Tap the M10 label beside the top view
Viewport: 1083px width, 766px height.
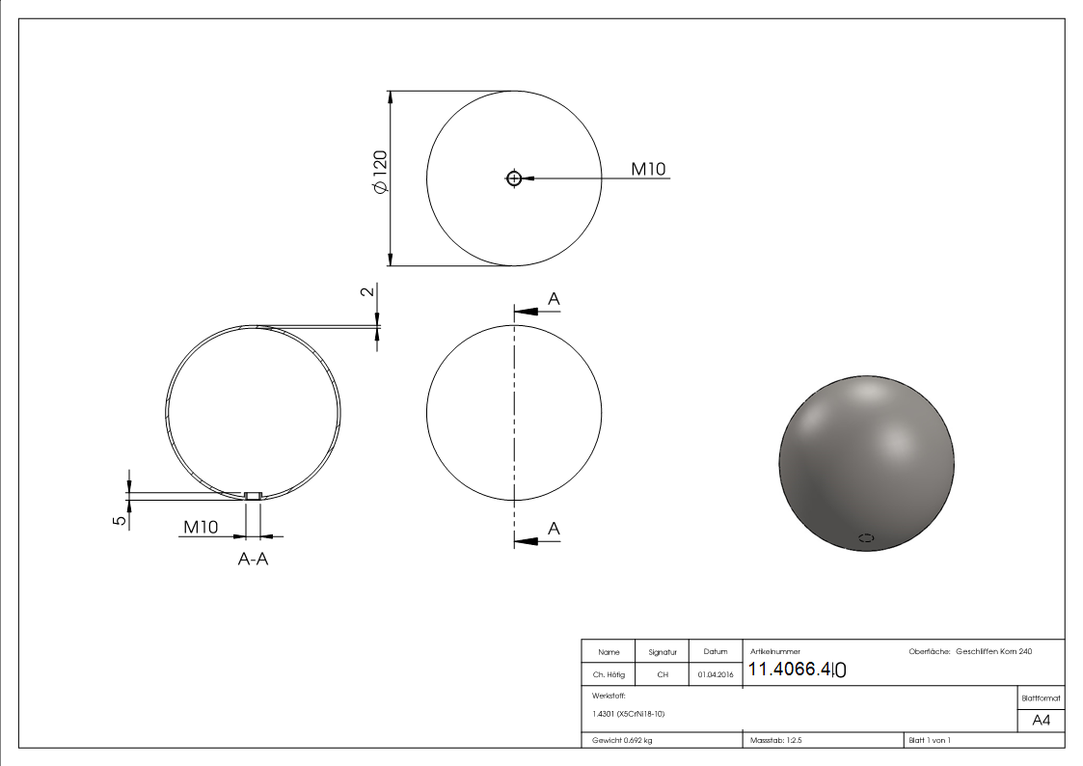(x=648, y=169)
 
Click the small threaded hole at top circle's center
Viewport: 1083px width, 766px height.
(x=513, y=178)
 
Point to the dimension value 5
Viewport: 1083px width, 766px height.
(x=119, y=520)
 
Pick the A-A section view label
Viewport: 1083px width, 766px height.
(x=253, y=559)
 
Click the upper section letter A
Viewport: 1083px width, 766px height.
(x=554, y=300)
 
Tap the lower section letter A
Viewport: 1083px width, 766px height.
(x=554, y=528)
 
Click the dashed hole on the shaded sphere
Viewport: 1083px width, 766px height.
(x=866, y=538)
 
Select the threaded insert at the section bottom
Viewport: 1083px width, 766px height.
(x=253, y=496)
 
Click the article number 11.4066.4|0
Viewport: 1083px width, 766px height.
(x=798, y=670)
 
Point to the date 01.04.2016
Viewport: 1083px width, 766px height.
(x=715, y=675)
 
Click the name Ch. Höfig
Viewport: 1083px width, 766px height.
(x=609, y=675)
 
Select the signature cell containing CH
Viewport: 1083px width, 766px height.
(x=663, y=675)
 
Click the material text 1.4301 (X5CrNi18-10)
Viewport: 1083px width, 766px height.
(x=629, y=714)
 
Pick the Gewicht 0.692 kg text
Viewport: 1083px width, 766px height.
(x=622, y=740)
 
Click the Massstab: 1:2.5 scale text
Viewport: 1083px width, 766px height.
(x=777, y=740)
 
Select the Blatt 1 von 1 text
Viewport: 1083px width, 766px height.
(x=930, y=740)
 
